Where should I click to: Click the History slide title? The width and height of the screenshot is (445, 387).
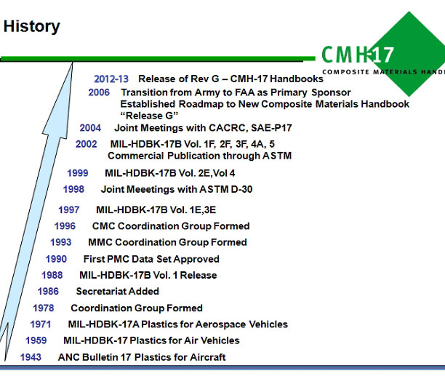[x=31, y=27]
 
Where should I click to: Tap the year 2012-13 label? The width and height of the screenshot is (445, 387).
[x=111, y=79]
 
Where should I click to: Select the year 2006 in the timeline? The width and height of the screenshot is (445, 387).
[x=99, y=92]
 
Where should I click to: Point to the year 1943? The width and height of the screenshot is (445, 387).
[x=31, y=357]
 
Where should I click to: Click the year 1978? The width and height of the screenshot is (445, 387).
[x=44, y=308]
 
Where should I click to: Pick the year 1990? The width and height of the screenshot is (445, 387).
[x=56, y=259]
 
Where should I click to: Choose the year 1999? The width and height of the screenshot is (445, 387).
[x=78, y=173]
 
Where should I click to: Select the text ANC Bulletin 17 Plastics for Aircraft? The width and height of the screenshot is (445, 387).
[x=142, y=357]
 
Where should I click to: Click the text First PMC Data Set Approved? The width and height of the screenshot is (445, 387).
[x=151, y=259]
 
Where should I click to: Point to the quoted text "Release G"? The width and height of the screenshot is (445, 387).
[x=149, y=116]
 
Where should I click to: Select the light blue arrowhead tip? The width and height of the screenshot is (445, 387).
[x=73, y=63]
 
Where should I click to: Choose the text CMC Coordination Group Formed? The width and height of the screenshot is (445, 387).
[x=171, y=226]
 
